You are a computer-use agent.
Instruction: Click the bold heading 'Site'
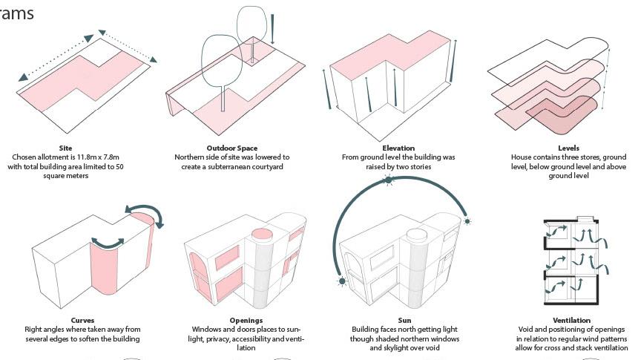coord(65,148)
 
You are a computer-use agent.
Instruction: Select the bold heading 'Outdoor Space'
coord(232,148)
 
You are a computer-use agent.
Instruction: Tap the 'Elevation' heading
coord(398,148)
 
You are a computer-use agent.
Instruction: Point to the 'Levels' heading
coord(568,148)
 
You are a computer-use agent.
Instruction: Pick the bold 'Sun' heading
coord(404,321)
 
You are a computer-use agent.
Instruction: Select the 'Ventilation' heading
coord(571,321)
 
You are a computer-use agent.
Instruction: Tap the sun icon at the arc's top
coord(388,180)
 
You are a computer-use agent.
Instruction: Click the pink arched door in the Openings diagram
coord(197,271)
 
